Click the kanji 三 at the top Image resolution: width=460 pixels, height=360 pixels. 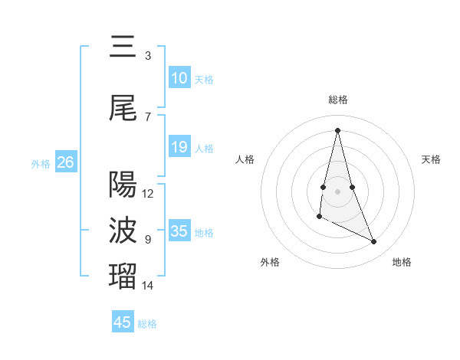[123, 47]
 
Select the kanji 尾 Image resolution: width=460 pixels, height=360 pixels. [123, 109]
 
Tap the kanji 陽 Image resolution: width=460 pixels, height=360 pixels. [123, 184]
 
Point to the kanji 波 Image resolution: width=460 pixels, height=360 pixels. [123, 230]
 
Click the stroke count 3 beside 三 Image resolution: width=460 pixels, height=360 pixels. [147, 56]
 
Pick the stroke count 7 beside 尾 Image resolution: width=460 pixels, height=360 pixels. [147, 116]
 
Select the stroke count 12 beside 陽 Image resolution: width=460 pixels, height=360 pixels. [148, 194]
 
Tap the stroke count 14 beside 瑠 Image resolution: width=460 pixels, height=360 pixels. [148, 286]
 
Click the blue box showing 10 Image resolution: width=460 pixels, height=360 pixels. [179, 78]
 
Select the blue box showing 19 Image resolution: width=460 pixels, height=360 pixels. [179, 147]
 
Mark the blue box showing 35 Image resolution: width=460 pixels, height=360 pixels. [179, 231]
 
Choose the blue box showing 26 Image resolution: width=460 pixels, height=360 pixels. [65, 162]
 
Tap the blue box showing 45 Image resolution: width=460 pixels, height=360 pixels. [123, 322]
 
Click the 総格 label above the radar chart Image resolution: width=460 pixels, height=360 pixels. [338, 100]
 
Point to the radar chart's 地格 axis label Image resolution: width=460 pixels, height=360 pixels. [402, 262]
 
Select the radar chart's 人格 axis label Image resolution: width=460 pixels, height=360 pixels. [245, 159]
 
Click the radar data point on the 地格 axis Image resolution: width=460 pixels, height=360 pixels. [374, 242]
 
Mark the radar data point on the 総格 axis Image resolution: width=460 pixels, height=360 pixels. [338, 129]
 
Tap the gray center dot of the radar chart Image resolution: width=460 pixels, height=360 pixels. [338, 190]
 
